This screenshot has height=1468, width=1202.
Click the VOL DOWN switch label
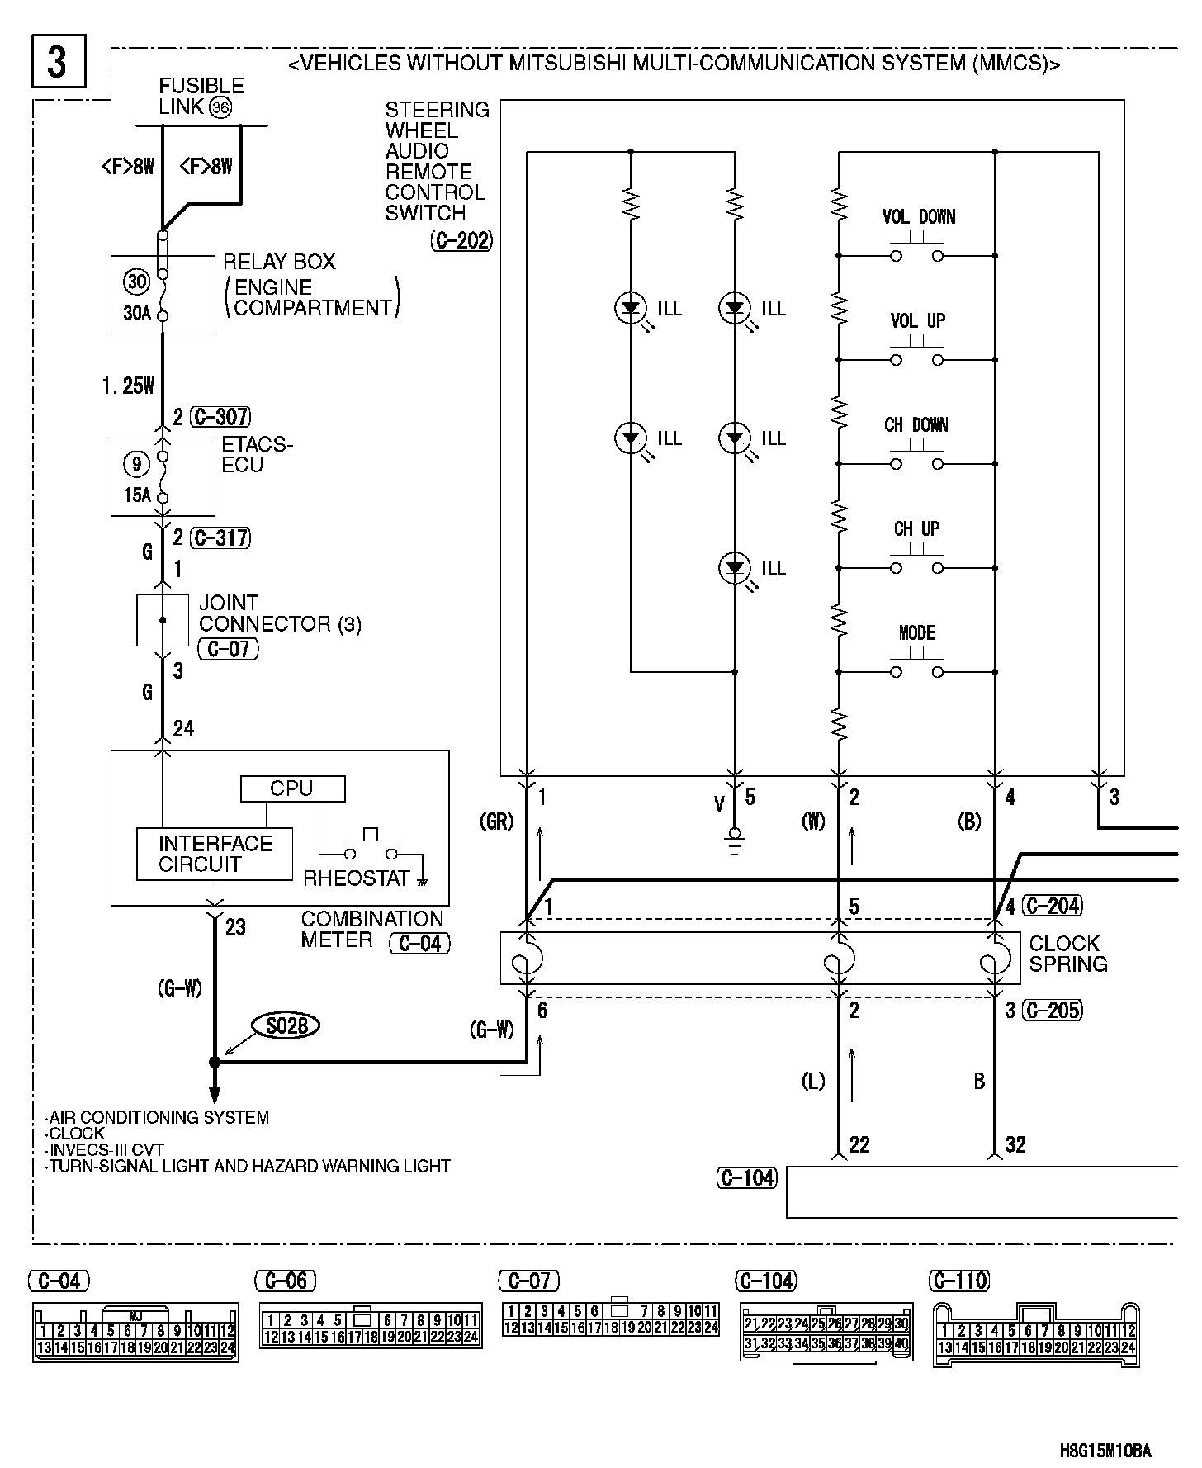pyautogui.click(x=918, y=217)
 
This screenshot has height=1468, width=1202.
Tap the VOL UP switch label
pyautogui.click(x=917, y=321)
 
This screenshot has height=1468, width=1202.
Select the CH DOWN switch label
pyautogui.click(x=916, y=425)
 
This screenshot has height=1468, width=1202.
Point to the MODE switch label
pyautogui.click(x=916, y=633)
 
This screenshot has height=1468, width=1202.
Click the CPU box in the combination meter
pyautogui.click(x=292, y=788)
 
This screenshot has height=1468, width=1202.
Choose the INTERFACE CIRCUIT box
pyautogui.click(x=215, y=854)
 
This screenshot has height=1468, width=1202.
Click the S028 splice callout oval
pyautogui.click(x=286, y=1026)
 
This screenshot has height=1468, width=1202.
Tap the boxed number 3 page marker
pyautogui.click(x=58, y=62)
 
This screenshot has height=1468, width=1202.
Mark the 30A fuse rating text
pyautogui.click(x=137, y=314)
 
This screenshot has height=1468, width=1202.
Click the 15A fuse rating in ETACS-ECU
pyautogui.click(x=137, y=495)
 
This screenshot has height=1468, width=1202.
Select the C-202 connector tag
pyautogui.click(x=461, y=240)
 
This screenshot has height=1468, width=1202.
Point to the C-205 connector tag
pyautogui.click(x=1051, y=1010)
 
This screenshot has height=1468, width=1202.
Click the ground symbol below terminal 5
pyautogui.click(x=735, y=840)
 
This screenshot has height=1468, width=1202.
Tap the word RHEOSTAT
pyautogui.click(x=357, y=878)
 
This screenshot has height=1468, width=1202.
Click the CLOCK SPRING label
pyautogui.click(x=1067, y=954)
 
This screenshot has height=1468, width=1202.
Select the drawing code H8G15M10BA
pyautogui.click(x=1105, y=1451)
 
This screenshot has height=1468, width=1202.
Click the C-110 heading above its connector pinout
pyautogui.click(x=958, y=1281)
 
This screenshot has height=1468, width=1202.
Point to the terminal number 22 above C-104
pyautogui.click(x=859, y=1144)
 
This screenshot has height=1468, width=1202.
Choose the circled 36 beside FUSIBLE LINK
pyautogui.click(x=220, y=107)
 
